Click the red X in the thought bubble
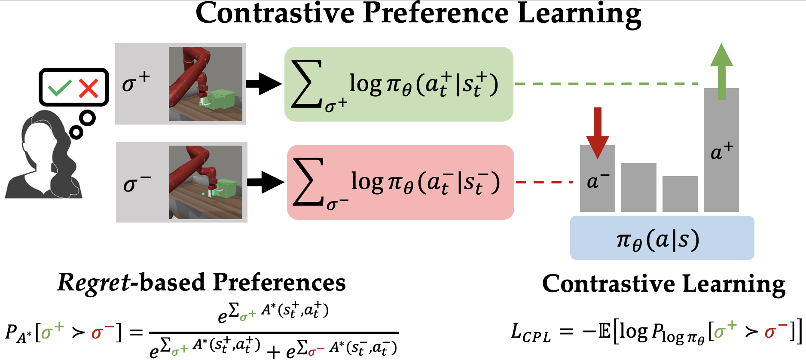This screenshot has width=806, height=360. click(89, 88)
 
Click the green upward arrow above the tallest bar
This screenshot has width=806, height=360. click(721, 71)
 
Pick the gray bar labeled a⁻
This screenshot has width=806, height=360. click(597, 189)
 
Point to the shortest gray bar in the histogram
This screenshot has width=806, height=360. click(680, 194)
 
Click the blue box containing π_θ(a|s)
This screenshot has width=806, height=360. click(662, 238)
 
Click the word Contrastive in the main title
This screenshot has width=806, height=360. click(275, 14)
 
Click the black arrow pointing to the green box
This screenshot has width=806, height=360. click(263, 84)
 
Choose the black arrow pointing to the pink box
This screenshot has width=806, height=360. click(265, 182)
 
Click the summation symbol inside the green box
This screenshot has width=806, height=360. click(307, 84)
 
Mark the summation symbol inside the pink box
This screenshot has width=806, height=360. click(308, 182)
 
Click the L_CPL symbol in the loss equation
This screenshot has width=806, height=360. click(530, 333)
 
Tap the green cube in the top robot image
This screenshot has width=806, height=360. click(223, 99)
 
